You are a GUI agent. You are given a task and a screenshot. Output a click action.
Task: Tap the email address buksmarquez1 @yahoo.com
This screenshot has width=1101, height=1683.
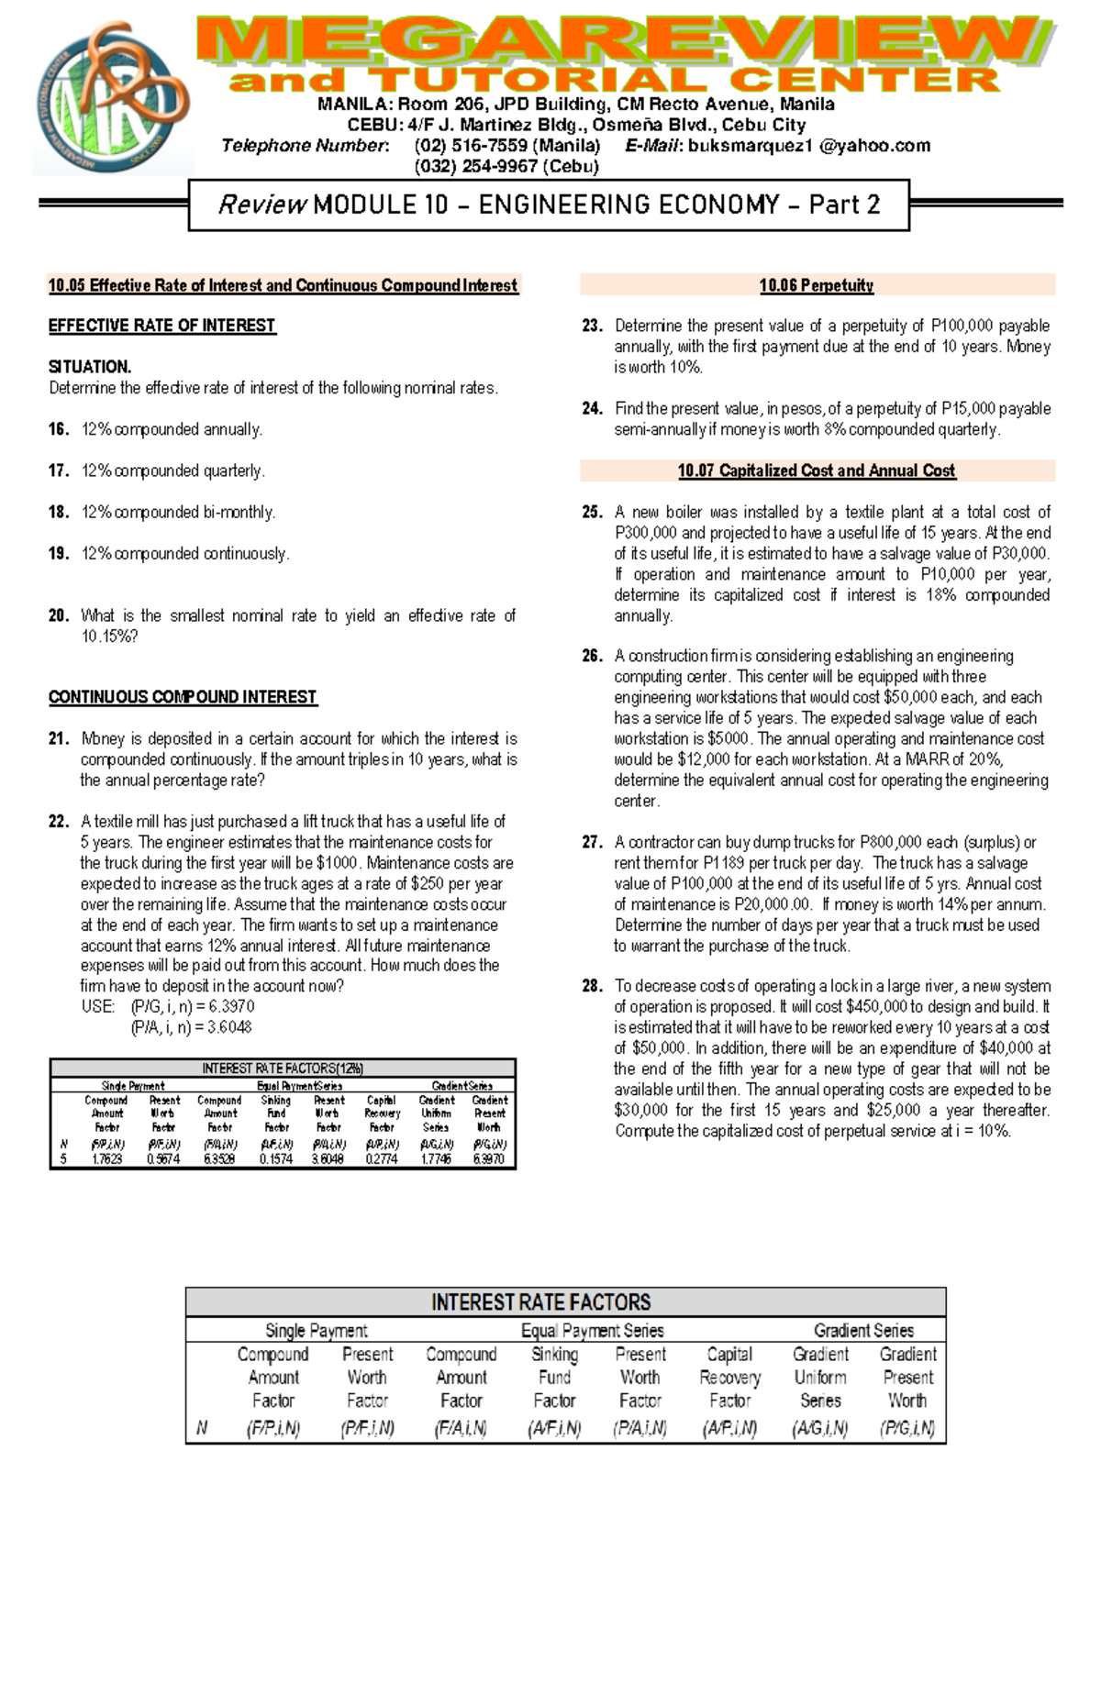(808, 146)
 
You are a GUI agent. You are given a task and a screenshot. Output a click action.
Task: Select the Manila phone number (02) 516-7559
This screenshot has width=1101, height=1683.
(506, 146)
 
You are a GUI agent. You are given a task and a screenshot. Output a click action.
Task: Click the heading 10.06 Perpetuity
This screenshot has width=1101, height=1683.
(816, 285)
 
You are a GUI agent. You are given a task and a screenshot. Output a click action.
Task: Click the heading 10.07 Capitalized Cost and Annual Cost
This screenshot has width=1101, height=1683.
(816, 471)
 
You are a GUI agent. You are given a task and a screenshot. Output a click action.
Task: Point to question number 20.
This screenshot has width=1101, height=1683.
(59, 615)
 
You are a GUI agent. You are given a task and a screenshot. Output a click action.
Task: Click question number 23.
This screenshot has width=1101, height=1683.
(592, 326)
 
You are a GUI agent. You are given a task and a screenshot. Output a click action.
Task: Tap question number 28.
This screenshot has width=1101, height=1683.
(592, 986)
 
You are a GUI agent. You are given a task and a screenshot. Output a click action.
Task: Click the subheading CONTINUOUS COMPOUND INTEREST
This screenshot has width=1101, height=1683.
(183, 697)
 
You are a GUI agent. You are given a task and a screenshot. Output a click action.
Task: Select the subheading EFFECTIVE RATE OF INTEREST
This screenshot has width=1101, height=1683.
(161, 326)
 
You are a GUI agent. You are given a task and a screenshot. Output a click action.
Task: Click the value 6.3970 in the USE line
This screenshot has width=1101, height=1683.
(231, 1007)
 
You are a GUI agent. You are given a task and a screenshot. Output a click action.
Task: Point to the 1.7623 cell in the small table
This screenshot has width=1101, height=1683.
(107, 1159)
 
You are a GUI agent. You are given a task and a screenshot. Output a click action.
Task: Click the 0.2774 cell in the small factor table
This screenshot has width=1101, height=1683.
(382, 1159)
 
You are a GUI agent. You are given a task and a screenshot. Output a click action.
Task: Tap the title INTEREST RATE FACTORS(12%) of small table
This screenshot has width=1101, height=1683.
(283, 1068)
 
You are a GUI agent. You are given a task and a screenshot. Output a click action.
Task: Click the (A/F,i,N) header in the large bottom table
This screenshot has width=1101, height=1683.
(554, 1428)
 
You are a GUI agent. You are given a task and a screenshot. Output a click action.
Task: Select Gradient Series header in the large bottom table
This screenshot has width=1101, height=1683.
(862, 1330)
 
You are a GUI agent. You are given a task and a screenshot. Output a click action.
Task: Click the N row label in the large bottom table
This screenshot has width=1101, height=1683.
(202, 1428)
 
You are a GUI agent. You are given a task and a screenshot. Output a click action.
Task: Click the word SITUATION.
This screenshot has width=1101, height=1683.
(90, 367)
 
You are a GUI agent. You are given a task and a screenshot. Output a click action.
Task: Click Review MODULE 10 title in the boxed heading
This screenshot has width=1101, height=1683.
(548, 205)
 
